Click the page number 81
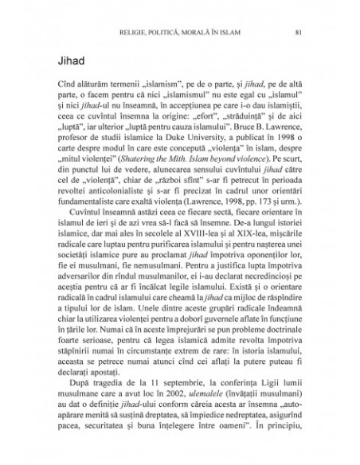[x=297, y=33]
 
